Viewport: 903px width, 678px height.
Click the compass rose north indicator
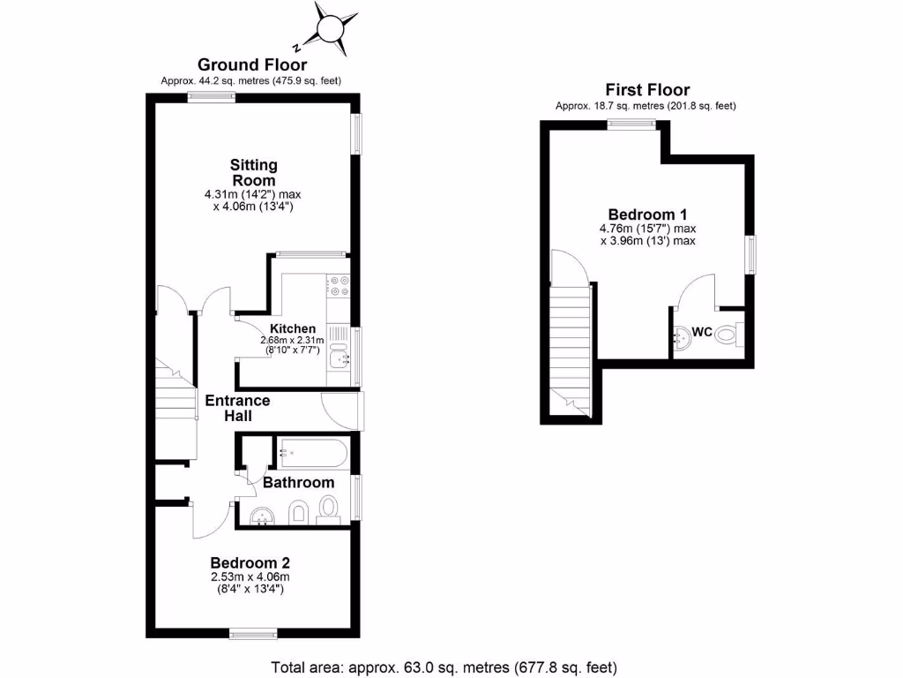point(329,29)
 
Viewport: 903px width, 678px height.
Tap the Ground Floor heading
point(252,64)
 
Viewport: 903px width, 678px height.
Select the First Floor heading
point(646,89)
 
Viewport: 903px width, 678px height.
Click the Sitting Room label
point(254,172)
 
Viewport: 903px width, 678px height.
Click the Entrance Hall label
point(237,408)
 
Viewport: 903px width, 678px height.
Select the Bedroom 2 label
point(250,562)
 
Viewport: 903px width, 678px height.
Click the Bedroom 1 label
point(647,215)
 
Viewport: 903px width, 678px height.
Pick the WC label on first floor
point(702,333)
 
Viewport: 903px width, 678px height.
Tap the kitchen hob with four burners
point(339,286)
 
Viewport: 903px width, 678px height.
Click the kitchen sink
point(339,358)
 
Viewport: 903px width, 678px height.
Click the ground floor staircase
point(175,406)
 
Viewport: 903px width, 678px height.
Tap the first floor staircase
point(570,344)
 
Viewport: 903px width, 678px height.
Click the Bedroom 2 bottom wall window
point(252,632)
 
